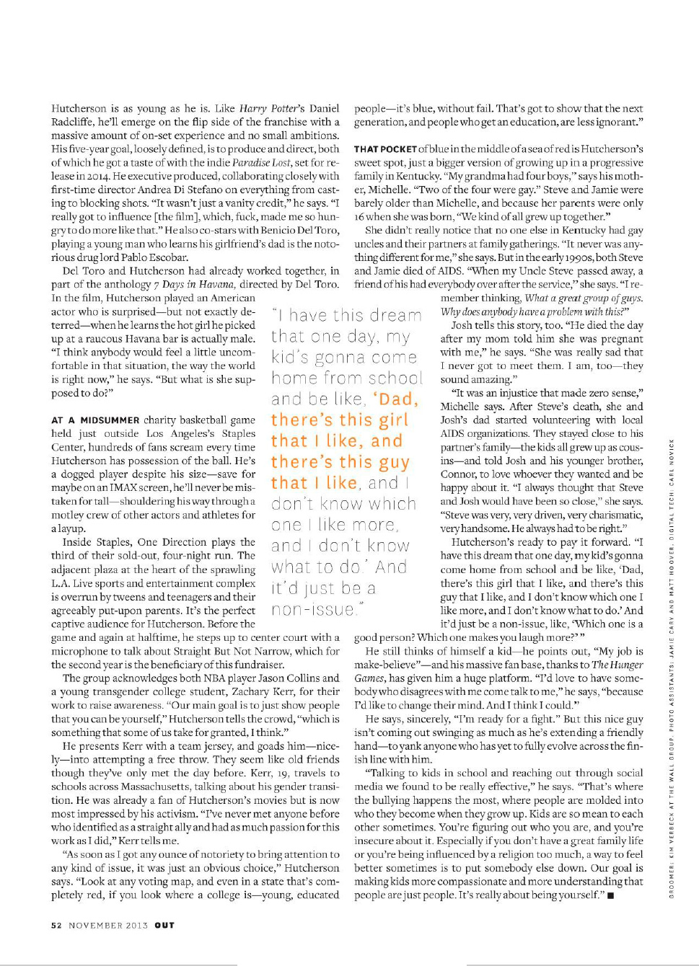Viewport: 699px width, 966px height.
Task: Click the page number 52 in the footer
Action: coord(56,925)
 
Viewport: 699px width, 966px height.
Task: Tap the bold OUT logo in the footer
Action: coord(164,925)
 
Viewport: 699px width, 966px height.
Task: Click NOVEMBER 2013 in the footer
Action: coord(108,925)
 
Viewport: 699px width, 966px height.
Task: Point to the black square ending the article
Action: coord(610,895)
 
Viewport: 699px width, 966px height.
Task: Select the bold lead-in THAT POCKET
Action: coord(385,149)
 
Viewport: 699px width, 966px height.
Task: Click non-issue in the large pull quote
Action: coord(314,609)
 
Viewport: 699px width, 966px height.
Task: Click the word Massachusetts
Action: coord(133,786)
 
